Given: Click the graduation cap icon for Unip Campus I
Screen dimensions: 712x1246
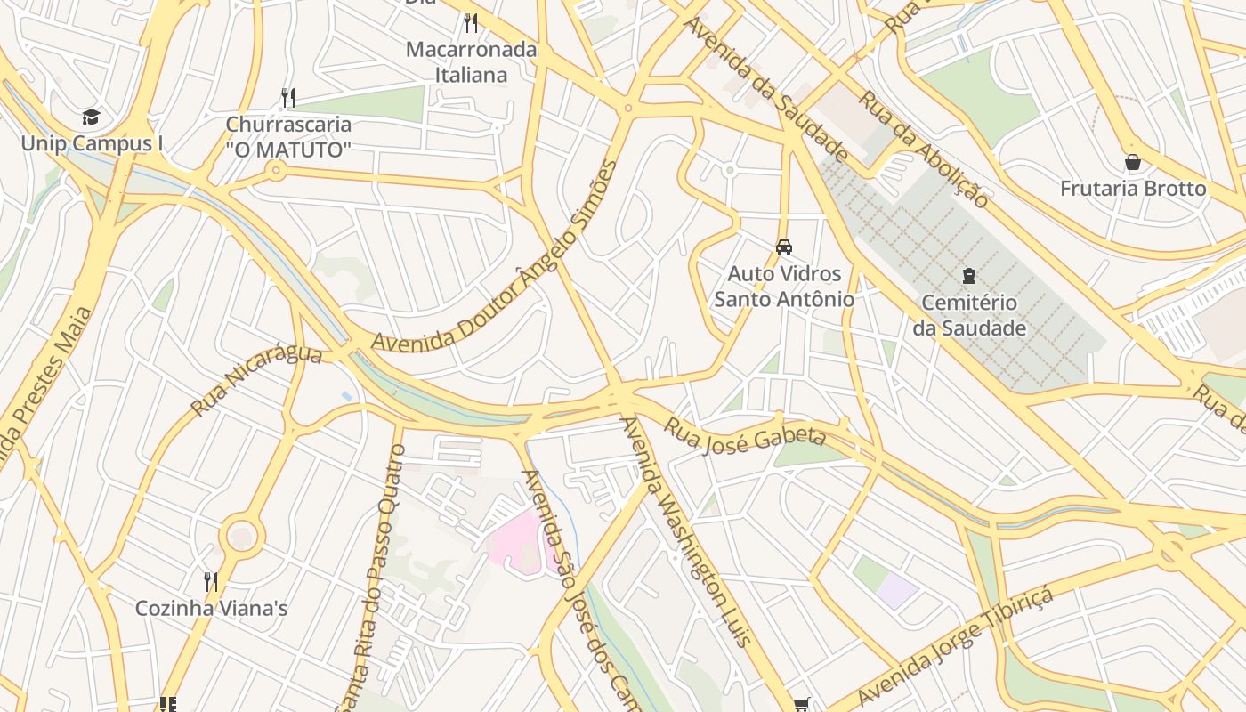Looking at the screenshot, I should pos(91,117).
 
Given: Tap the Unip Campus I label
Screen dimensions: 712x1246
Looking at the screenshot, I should pos(92,143).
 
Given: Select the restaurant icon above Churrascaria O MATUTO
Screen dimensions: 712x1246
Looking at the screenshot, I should pos(287,97).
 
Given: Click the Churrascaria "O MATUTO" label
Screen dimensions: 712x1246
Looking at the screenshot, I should pos(288,137).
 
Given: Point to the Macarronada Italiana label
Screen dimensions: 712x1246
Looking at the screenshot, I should pos(471,62).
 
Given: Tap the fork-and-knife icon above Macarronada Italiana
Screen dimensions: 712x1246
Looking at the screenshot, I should pos(471,22).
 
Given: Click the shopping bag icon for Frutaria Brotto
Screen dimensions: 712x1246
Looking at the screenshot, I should pos(1132,162).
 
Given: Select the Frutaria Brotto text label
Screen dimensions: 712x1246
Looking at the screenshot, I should pos(1132,189).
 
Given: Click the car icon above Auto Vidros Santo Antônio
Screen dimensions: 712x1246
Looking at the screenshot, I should pos(783,247).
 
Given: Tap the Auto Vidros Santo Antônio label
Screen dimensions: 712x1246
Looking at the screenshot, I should pos(783,286).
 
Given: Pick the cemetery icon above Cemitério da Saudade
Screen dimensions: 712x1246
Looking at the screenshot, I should pos(968,276).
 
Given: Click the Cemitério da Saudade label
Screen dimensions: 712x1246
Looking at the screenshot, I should pos(968,315).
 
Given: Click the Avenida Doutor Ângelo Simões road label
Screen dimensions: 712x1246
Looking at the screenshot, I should pos(495,258).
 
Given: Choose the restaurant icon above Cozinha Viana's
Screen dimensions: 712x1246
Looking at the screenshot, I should pos(211,582).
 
